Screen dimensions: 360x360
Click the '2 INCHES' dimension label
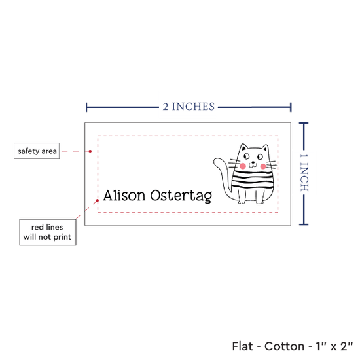coord(189,107)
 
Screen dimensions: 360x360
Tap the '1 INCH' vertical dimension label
coord(304,172)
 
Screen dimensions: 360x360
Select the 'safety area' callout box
coord(37,151)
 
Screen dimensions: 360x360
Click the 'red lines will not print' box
coord(48,232)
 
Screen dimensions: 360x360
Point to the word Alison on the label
coord(124,196)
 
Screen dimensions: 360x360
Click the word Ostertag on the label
coord(181,196)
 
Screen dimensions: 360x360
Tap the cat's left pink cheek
coord(243,166)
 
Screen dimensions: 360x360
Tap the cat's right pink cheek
coord(263,166)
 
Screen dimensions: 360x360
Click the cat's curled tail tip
coord(216,161)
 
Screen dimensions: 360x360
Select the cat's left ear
coord(243,147)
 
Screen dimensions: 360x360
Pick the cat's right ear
coord(265,148)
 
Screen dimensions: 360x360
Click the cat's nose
coord(253,162)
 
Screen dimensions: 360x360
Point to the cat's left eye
coord(246,156)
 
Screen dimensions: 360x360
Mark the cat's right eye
coord(260,157)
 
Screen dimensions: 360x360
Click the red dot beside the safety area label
coord(90,151)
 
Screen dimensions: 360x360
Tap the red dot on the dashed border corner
coord(98,200)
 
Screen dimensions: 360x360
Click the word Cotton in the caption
coord(284,346)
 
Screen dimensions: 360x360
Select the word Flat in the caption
coord(242,346)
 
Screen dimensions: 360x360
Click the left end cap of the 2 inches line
coord(86,107)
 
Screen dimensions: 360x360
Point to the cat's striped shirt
coord(253,180)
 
